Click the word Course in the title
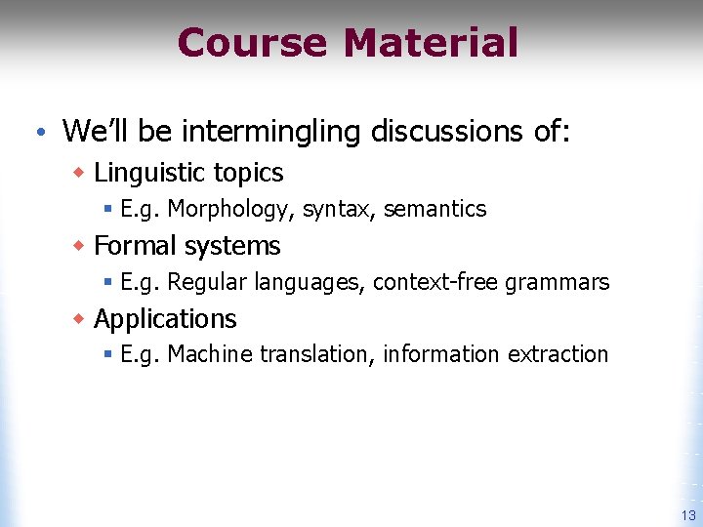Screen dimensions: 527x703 tap(253, 43)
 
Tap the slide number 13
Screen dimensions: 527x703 tap(688, 515)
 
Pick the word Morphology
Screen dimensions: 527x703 tap(231, 209)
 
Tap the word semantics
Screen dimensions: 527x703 tap(434, 209)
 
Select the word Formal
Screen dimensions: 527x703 tap(137, 246)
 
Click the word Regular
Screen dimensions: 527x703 tap(207, 283)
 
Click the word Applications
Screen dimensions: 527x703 tap(165, 319)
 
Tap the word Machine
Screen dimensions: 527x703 tap(207, 354)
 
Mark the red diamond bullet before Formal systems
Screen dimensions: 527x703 tap(80, 246)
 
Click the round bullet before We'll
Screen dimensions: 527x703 tap(36, 130)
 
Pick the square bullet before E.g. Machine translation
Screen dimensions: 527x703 tap(108, 355)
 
